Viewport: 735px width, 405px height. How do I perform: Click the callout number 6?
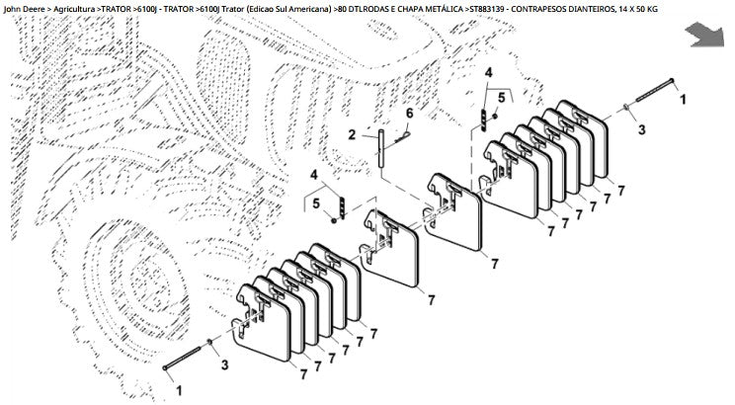(x=409, y=113)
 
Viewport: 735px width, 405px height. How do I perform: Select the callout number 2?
(x=352, y=135)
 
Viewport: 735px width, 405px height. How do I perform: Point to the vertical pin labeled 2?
(x=381, y=147)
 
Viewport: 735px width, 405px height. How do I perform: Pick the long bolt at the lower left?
(x=182, y=359)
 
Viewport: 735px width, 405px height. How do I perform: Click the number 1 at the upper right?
(x=683, y=100)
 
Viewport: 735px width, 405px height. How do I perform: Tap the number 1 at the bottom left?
(x=179, y=390)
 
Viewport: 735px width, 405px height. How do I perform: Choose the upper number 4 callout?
(x=488, y=73)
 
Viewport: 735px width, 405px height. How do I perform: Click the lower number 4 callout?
(x=313, y=175)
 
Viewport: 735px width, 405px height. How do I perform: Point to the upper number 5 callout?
(x=502, y=98)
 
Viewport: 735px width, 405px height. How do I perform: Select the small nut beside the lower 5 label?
(x=334, y=220)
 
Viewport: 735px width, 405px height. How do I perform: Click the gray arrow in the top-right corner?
(x=704, y=37)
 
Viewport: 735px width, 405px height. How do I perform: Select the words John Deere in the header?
(x=25, y=9)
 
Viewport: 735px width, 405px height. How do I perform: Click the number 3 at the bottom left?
(x=224, y=364)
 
